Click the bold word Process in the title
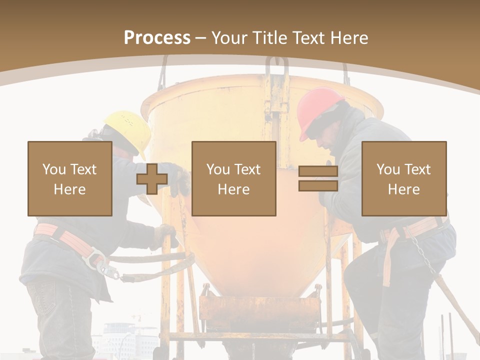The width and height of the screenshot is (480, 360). tap(157, 38)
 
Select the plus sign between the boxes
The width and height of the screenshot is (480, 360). tap(152, 179)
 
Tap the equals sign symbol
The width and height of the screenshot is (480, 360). tap(318, 179)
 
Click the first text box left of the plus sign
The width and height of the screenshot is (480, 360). tap(70, 179)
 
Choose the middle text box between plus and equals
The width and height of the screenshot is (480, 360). tap(233, 179)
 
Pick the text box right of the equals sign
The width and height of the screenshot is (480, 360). tap(403, 179)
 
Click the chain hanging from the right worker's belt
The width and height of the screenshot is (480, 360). tap(423, 255)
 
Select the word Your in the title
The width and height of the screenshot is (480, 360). tap(227, 38)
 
